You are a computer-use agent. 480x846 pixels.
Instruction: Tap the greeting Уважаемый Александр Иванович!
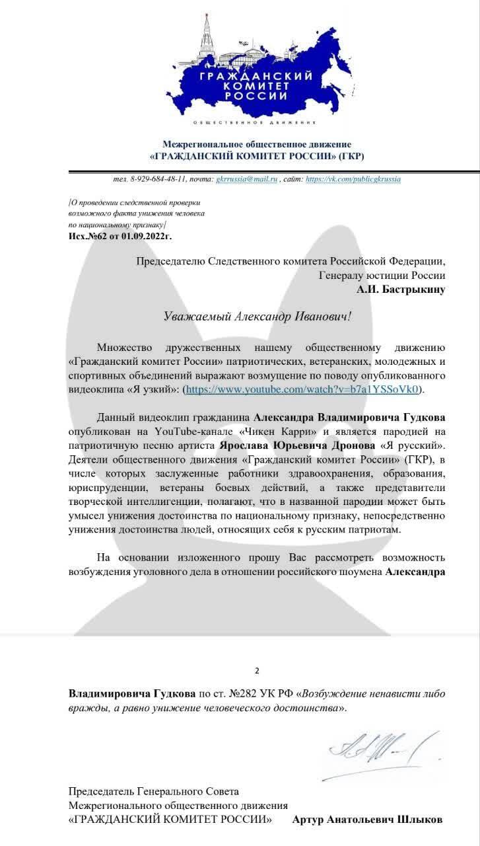[x=257, y=316]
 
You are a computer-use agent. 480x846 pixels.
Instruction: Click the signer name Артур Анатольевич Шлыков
[x=367, y=820]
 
